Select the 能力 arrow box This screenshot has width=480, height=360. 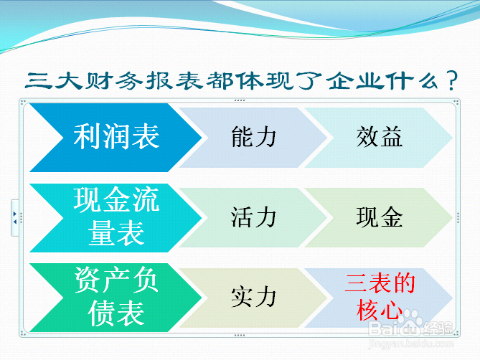point(253,138)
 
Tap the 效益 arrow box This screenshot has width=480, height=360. point(379,138)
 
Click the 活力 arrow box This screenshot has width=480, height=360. point(253,217)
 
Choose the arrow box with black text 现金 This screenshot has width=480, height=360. point(379,217)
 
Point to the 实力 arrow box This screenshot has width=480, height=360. point(253,298)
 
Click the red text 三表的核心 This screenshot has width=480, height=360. point(380,297)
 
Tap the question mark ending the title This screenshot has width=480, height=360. point(452,80)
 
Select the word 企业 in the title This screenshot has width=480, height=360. point(354,81)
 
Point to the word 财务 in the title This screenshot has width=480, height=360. point(113,81)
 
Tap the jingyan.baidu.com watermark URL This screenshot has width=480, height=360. point(411,344)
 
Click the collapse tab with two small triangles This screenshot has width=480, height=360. point(14,218)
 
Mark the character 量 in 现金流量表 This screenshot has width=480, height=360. point(101,233)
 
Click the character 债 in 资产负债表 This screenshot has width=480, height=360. point(101,313)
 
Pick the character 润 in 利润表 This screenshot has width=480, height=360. point(116,137)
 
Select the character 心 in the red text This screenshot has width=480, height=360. point(390,310)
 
